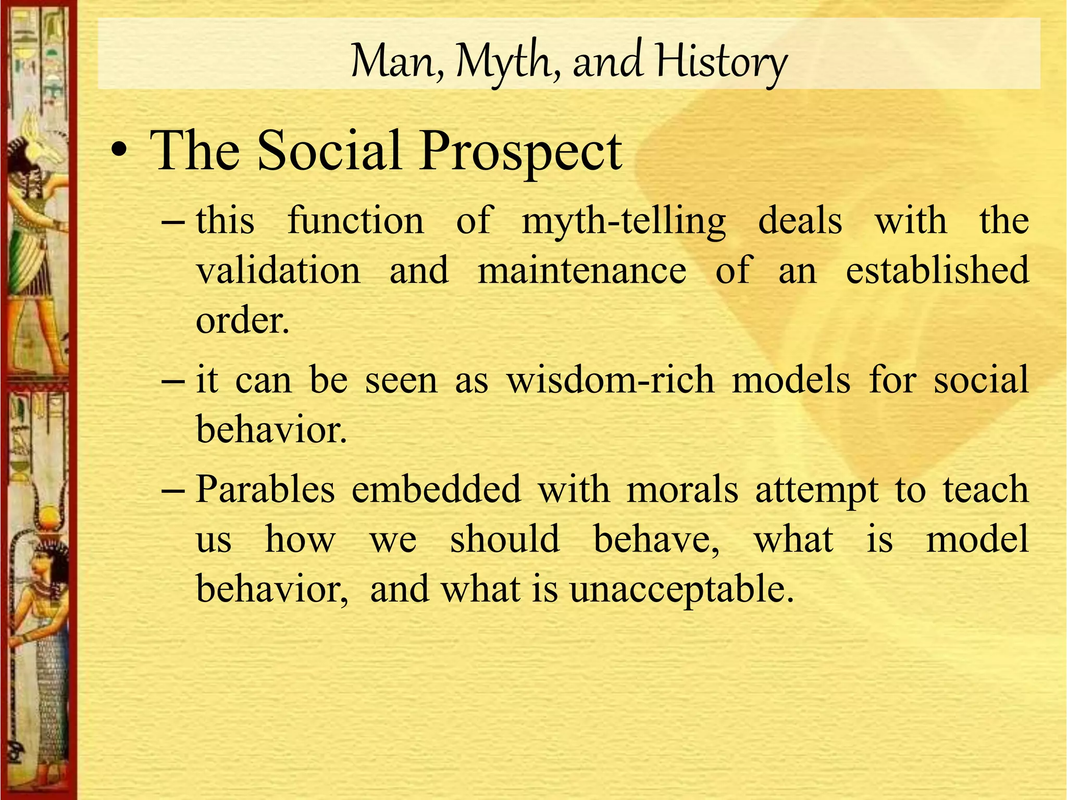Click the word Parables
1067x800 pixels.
point(265,490)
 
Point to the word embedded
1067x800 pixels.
point(436,490)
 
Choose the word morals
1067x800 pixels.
point(682,490)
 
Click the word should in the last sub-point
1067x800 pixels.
point(505,540)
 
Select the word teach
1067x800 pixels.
point(986,490)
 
